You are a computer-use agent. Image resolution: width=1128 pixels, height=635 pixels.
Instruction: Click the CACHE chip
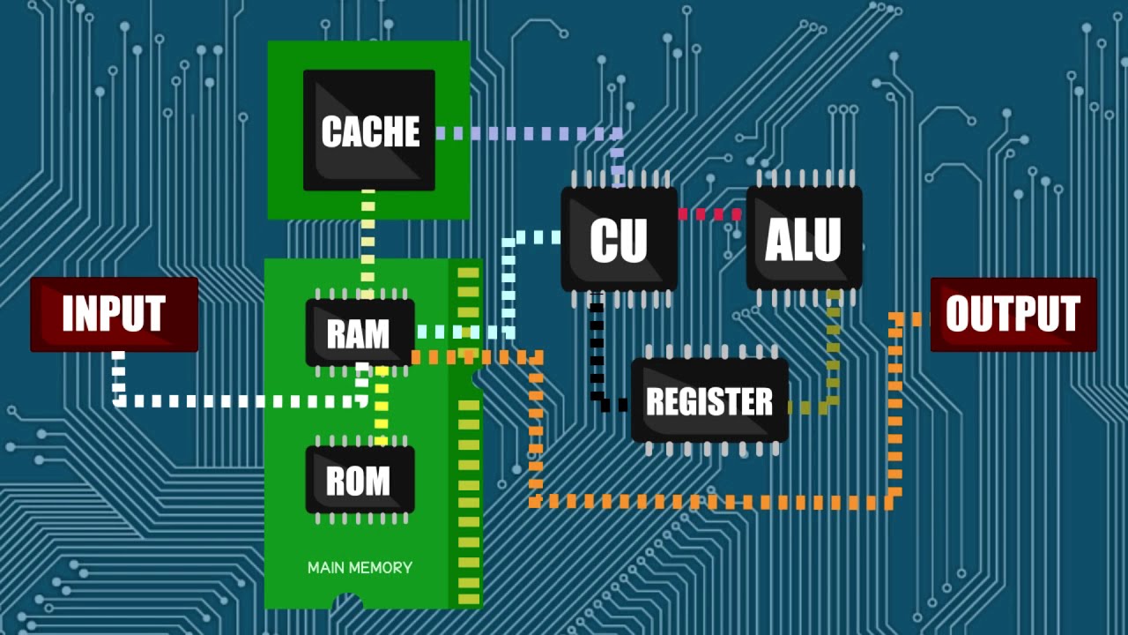[x=369, y=131]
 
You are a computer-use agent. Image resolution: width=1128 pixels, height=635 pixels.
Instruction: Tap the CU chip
[x=619, y=239]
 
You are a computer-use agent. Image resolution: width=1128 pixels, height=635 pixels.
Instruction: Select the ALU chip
[x=804, y=238]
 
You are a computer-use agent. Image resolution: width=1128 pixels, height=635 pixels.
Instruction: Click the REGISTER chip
[x=709, y=401]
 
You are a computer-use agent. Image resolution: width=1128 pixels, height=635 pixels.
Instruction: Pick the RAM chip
[x=359, y=333]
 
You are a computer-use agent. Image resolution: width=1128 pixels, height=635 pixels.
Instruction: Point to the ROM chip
[x=359, y=481]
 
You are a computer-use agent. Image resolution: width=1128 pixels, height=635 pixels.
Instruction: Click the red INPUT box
[x=114, y=314]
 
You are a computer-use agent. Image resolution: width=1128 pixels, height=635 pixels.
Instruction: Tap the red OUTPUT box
[x=1013, y=314]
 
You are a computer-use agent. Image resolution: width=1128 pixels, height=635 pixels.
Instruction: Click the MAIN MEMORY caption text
[x=360, y=568]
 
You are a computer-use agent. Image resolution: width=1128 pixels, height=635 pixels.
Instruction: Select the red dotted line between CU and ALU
[x=711, y=214]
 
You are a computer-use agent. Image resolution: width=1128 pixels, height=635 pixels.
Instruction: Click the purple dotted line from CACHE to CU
[x=529, y=134]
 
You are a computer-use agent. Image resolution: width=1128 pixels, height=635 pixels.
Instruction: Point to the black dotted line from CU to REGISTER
[x=597, y=353]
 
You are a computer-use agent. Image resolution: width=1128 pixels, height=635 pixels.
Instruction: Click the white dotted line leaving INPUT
[x=238, y=401]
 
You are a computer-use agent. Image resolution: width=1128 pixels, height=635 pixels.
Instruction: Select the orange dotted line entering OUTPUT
[x=895, y=415]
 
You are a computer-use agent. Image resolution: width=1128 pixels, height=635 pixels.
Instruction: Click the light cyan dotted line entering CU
[x=508, y=282]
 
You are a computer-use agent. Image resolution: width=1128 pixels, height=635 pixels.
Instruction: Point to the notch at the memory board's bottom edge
[x=348, y=603]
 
